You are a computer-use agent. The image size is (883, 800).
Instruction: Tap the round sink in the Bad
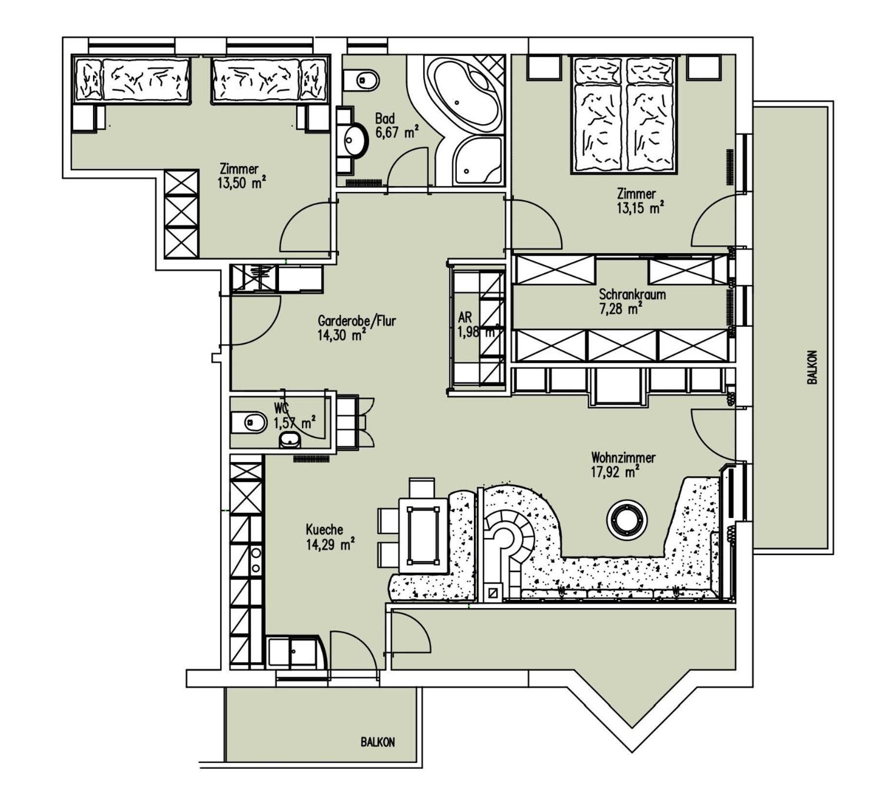[x=355, y=140]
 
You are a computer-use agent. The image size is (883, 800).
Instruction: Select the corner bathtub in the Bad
[x=465, y=95]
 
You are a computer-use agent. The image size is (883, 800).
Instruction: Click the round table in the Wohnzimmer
[x=627, y=520]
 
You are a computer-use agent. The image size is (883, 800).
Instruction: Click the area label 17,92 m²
[x=615, y=472]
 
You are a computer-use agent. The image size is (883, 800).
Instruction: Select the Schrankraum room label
[x=632, y=295]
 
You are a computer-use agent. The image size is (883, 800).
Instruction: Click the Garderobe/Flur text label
[x=357, y=321]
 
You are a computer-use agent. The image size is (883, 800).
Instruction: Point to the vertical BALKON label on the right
[x=812, y=368]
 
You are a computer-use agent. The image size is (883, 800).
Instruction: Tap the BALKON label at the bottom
[x=377, y=742]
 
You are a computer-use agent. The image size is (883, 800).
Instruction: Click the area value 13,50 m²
[x=242, y=183]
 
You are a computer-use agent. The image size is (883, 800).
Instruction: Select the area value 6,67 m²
[x=396, y=132]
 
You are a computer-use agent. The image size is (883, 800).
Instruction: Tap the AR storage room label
[x=465, y=317]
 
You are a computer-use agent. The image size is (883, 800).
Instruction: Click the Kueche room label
[x=324, y=529]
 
